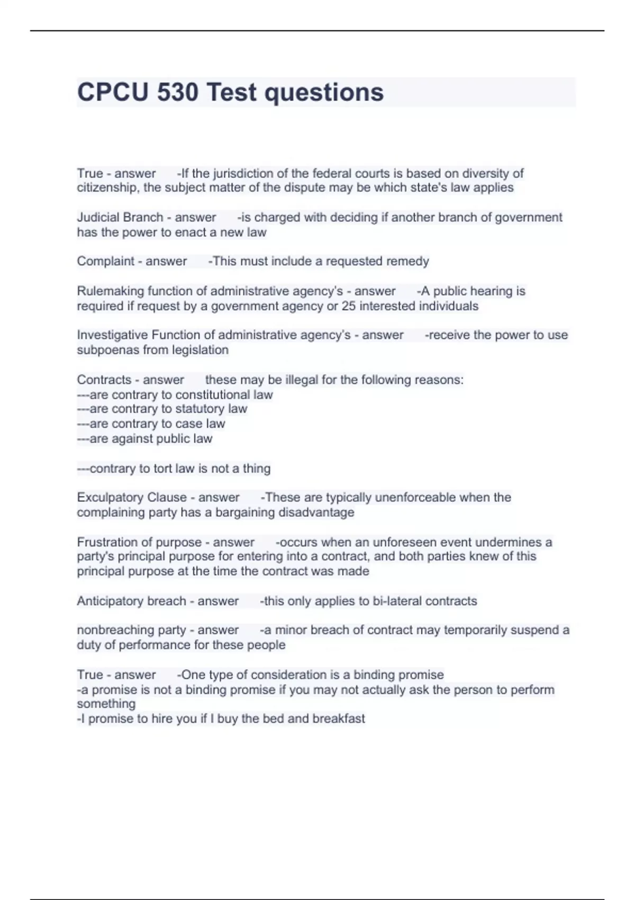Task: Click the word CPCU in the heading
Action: tap(113, 92)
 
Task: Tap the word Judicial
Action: tap(98, 218)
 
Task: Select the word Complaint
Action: tap(106, 262)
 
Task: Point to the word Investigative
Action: tap(112, 335)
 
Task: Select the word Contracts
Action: tap(104, 380)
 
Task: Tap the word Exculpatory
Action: tap(110, 498)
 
